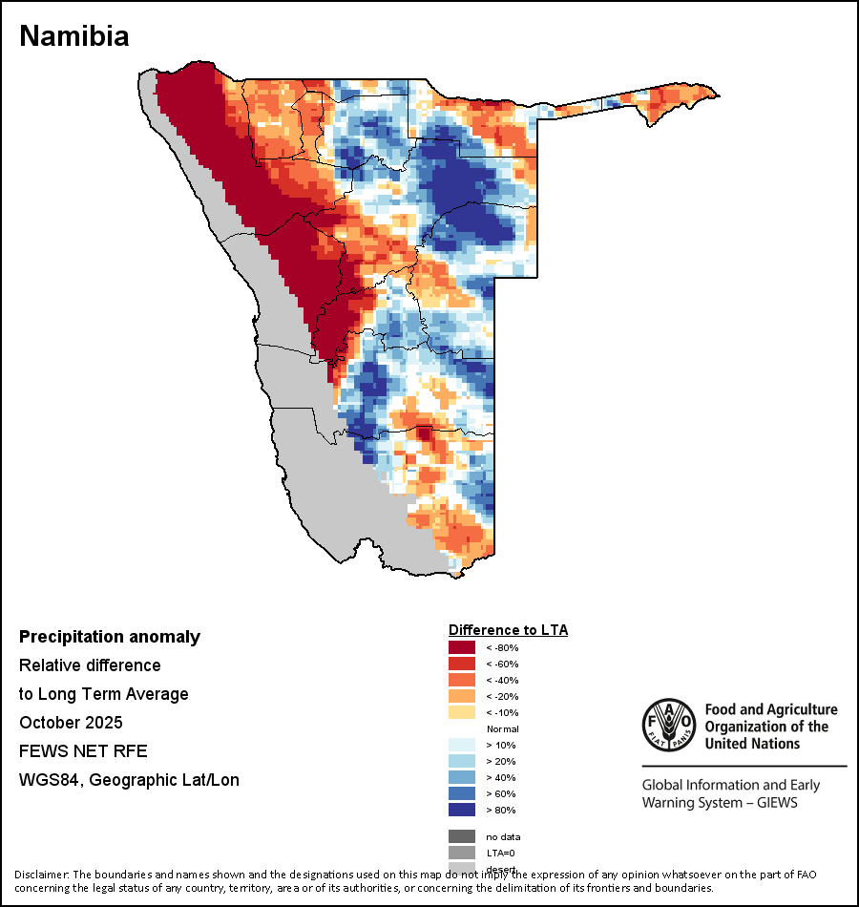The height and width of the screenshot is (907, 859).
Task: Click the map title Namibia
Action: (74, 36)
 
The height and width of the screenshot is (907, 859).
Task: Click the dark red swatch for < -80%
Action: (462, 647)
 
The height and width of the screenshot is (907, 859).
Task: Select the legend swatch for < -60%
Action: (462, 664)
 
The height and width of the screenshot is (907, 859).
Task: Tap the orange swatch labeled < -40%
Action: (462, 680)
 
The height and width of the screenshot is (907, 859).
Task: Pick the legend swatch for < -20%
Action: (462, 696)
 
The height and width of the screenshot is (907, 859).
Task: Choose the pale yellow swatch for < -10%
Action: (462, 712)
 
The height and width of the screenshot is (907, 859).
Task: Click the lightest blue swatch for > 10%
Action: (462, 745)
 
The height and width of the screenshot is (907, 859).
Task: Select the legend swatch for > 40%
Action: (462, 777)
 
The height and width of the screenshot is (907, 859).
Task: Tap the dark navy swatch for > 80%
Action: (462, 810)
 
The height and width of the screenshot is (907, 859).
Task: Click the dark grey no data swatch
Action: (462, 836)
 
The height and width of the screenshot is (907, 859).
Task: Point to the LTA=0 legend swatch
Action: (462, 853)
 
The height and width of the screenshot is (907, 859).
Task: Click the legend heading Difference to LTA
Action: (508, 630)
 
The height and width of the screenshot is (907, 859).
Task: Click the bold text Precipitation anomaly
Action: (110, 637)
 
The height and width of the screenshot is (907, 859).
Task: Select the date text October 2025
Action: (71, 722)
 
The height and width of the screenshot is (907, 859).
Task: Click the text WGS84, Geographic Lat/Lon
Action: (129, 780)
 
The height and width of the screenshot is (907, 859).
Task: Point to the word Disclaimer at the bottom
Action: (40, 875)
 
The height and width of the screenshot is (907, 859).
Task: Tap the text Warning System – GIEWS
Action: (720, 802)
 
